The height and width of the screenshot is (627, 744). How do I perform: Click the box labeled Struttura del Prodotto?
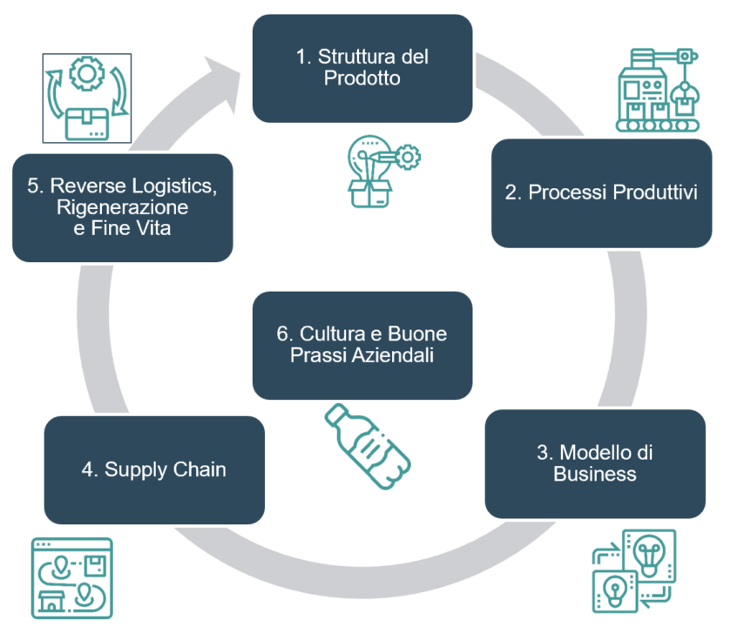[x=362, y=68]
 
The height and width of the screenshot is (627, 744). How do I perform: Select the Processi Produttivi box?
[x=601, y=193]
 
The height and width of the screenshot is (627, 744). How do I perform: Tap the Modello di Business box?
[x=595, y=463]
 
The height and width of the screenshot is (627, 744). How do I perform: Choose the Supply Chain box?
[x=154, y=470]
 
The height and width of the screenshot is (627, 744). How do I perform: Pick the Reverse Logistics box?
[x=123, y=208]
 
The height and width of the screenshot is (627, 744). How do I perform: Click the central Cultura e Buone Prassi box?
[x=362, y=345]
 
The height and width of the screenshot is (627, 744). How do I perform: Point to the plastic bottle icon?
[x=369, y=445]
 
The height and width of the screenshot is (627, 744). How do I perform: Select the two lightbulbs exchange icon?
[x=632, y=570]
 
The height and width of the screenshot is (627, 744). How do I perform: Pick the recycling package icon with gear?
[x=87, y=98]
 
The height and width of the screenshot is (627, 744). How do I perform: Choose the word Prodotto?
[x=362, y=78]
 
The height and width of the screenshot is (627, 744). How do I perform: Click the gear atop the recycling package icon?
[x=86, y=76]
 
